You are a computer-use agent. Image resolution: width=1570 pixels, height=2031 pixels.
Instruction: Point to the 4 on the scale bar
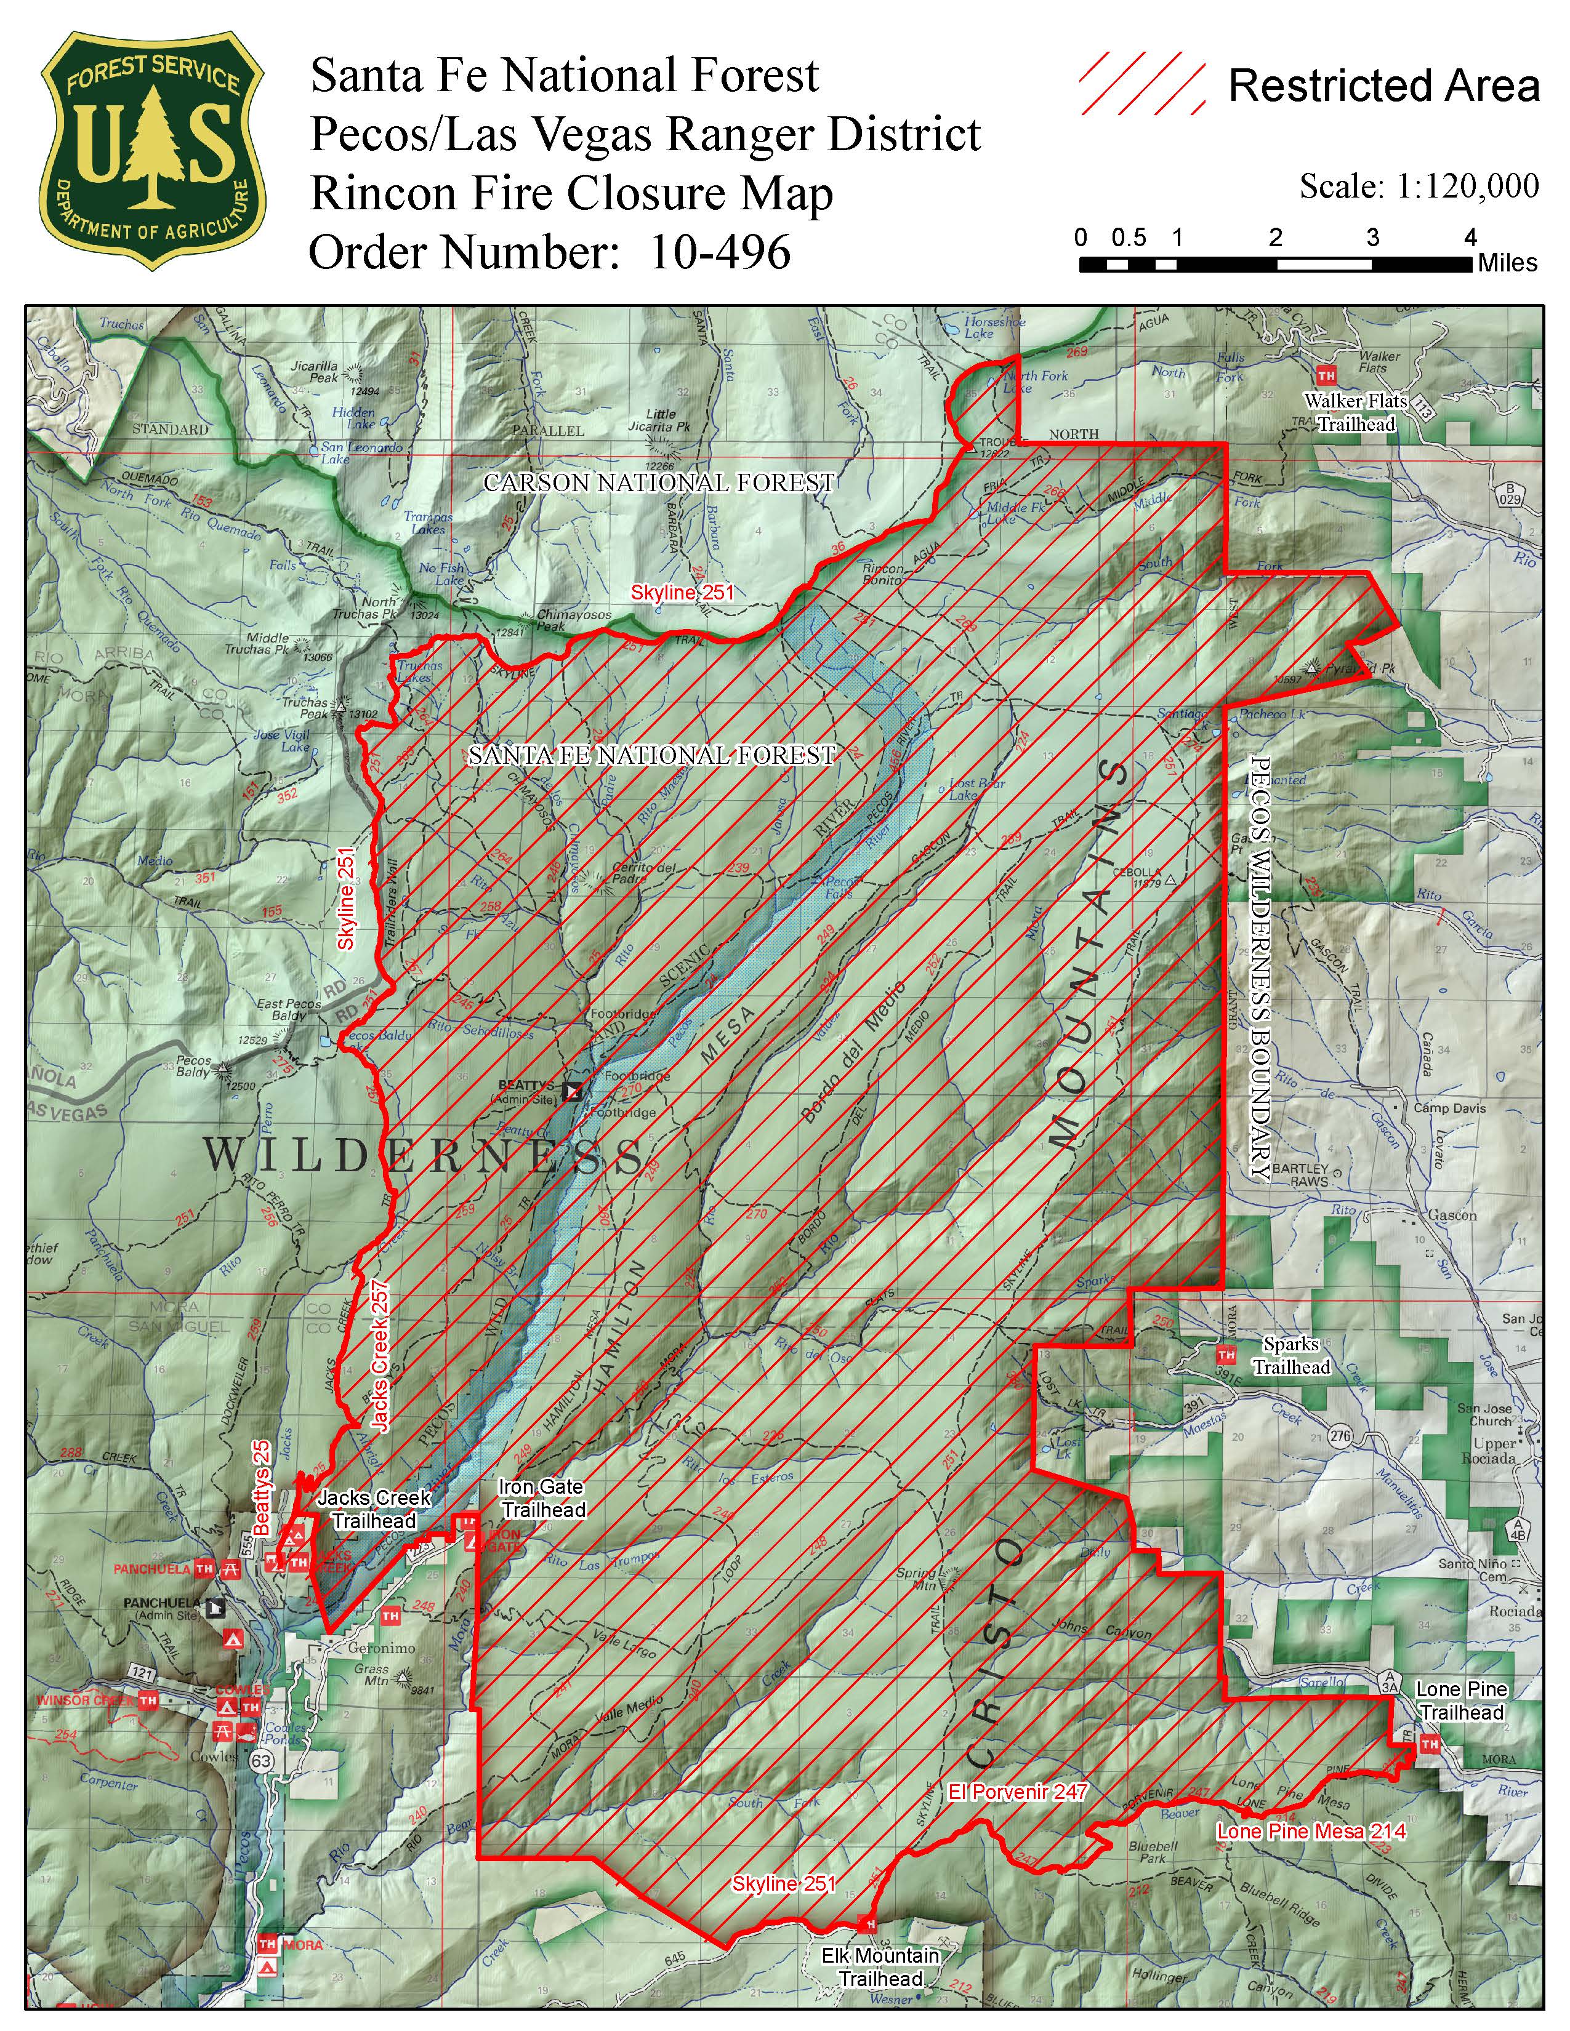pos(1470,238)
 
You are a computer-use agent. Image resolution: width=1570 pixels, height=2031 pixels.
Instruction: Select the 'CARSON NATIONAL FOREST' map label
pos(659,483)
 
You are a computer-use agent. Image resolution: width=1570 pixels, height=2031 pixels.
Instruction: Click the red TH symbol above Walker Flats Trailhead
pos(1326,375)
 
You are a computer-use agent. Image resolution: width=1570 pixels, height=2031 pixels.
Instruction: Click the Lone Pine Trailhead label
pos(1461,1701)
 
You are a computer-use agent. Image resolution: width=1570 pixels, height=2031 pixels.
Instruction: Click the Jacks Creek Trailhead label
pos(374,1509)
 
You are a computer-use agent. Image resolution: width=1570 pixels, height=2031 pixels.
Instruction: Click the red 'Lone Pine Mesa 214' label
pos(1311,1832)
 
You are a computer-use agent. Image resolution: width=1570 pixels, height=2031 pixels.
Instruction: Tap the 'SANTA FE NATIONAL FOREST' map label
pos(651,755)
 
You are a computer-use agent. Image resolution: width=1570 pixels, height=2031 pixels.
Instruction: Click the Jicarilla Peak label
pos(315,372)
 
